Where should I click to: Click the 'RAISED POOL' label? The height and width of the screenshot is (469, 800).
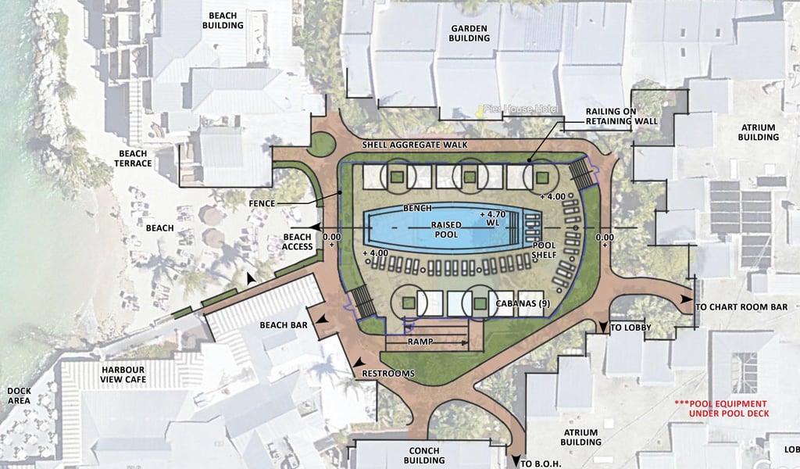point(447,230)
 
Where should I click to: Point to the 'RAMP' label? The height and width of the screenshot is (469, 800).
point(420,342)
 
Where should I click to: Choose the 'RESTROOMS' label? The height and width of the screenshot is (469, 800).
point(388,374)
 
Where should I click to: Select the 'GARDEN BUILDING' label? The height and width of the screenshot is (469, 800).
point(469,33)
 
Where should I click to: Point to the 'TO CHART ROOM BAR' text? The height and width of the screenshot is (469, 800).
point(742,307)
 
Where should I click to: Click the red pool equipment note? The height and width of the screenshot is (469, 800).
point(723,408)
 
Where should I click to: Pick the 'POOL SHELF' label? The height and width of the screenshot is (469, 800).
point(544,249)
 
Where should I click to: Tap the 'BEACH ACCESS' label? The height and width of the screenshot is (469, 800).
point(298,242)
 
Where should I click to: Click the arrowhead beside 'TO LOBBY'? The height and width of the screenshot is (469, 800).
point(603,328)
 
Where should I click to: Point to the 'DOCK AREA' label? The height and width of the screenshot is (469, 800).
point(18,396)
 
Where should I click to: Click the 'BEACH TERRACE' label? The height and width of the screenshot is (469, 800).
point(135,159)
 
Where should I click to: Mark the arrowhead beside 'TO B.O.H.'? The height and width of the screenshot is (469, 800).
point(516,462)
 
